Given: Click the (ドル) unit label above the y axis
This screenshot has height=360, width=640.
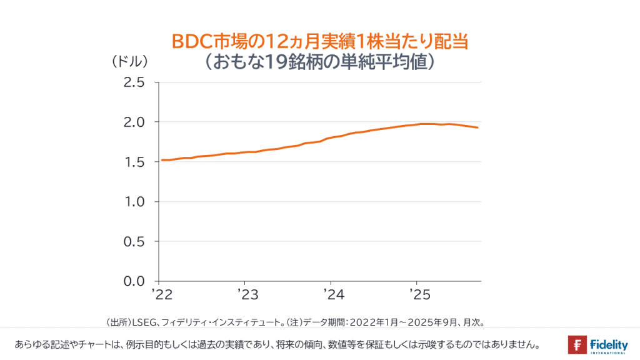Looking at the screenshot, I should point(130,62).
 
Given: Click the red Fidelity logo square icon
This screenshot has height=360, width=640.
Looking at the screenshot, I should point(577,344).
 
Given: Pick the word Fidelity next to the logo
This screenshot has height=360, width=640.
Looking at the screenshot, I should point(608,342).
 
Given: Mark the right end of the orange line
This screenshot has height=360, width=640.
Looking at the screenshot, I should point(478,127).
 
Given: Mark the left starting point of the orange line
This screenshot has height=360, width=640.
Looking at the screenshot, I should point(161,160).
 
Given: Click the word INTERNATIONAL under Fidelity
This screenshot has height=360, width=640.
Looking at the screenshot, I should point(608,352).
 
